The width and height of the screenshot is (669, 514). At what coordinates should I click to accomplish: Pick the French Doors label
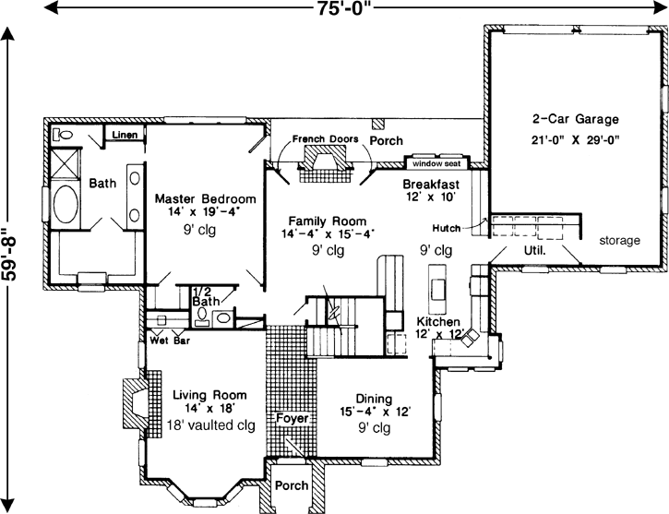(x=325, y=139)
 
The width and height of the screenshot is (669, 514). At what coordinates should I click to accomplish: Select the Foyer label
(x=292, y=418)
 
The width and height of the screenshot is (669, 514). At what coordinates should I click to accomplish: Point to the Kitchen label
(x=440, y=321)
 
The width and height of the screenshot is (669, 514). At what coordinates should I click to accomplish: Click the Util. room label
(x=535, y=249)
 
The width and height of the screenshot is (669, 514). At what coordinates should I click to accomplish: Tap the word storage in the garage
(x=618, y=241)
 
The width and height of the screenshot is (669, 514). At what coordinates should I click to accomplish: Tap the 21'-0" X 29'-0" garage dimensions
(x=574, y=140)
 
